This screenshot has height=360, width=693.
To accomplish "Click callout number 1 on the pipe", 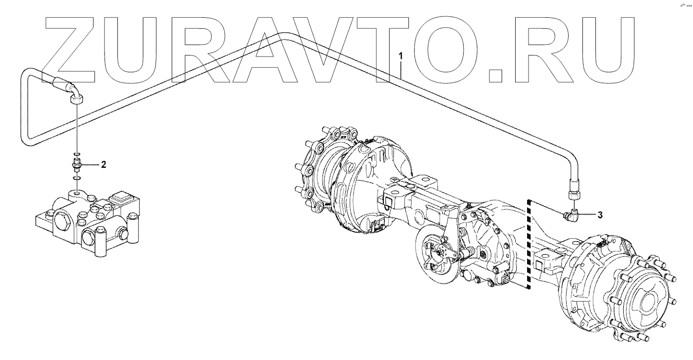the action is pos(401,56).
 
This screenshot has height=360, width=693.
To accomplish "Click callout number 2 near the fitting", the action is pos(104,164).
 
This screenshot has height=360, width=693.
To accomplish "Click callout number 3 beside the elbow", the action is pos(600,214).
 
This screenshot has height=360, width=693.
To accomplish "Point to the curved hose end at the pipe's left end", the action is pos(72,90).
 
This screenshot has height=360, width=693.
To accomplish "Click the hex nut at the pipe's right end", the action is pos(574,196).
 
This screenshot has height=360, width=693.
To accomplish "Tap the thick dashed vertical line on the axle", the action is pos(529,244).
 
